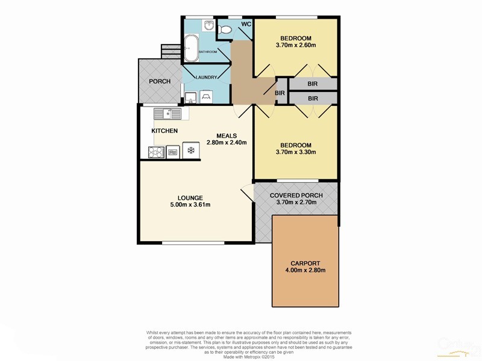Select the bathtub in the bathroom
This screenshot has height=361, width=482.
[192, 48]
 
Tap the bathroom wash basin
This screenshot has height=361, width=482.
[208, 25]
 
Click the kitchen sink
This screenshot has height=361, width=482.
[167, 113]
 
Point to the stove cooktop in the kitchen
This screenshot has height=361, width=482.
[154, 152]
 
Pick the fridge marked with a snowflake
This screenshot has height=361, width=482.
[191, 151]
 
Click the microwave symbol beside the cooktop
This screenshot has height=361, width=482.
[172, 152]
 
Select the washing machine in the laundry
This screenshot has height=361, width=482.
[206, 96]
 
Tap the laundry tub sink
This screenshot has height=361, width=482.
[190, 97]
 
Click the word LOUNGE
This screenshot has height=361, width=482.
[189, 197]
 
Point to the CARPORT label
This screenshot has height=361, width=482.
[305, 263]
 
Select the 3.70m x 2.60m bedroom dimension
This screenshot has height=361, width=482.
[295, 45]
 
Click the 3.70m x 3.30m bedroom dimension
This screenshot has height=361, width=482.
[295, 152]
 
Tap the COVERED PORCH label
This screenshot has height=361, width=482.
[296, 196]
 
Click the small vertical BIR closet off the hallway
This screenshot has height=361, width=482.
[280, 93]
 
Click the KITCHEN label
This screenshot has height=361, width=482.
[164, 131]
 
